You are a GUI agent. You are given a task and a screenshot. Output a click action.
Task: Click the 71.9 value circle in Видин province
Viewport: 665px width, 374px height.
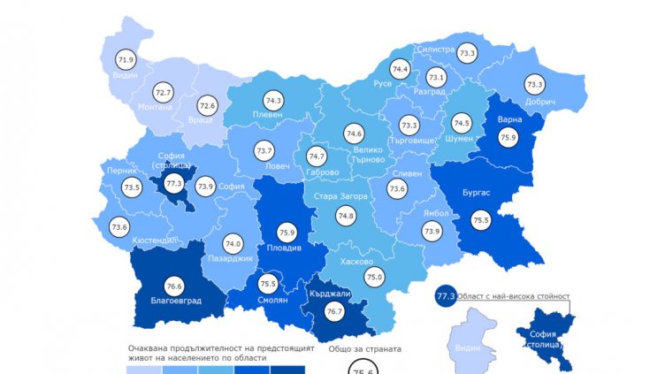coord(126,61)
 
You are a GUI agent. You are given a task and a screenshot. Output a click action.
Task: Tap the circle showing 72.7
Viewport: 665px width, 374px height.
coord(164,92)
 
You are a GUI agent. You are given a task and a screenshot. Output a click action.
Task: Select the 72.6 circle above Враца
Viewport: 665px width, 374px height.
coord(207,105)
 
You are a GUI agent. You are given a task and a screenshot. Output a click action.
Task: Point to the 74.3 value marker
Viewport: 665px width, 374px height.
coord(273,101)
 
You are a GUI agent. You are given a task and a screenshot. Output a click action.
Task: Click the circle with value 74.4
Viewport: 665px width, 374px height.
coord(401,69)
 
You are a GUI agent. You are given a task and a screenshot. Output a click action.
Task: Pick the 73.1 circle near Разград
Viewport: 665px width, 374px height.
coord(437,77)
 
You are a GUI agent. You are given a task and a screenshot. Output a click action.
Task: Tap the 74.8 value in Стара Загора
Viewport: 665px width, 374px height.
coord(346,215)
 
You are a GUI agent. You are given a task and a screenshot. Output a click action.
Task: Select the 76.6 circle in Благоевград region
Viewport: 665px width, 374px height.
coord(173,286)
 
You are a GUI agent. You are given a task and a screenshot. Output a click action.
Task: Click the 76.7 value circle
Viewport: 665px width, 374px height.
coord(333,311)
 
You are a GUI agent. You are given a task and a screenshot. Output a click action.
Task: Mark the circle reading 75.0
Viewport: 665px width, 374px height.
coord(375,277)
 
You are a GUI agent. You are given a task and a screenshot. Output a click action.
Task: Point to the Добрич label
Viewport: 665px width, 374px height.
coord(539,103)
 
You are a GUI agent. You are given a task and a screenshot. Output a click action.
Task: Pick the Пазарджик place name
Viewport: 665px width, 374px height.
coord(231,259)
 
